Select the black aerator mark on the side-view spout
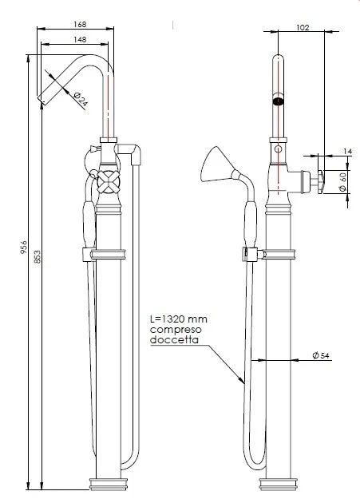279,101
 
